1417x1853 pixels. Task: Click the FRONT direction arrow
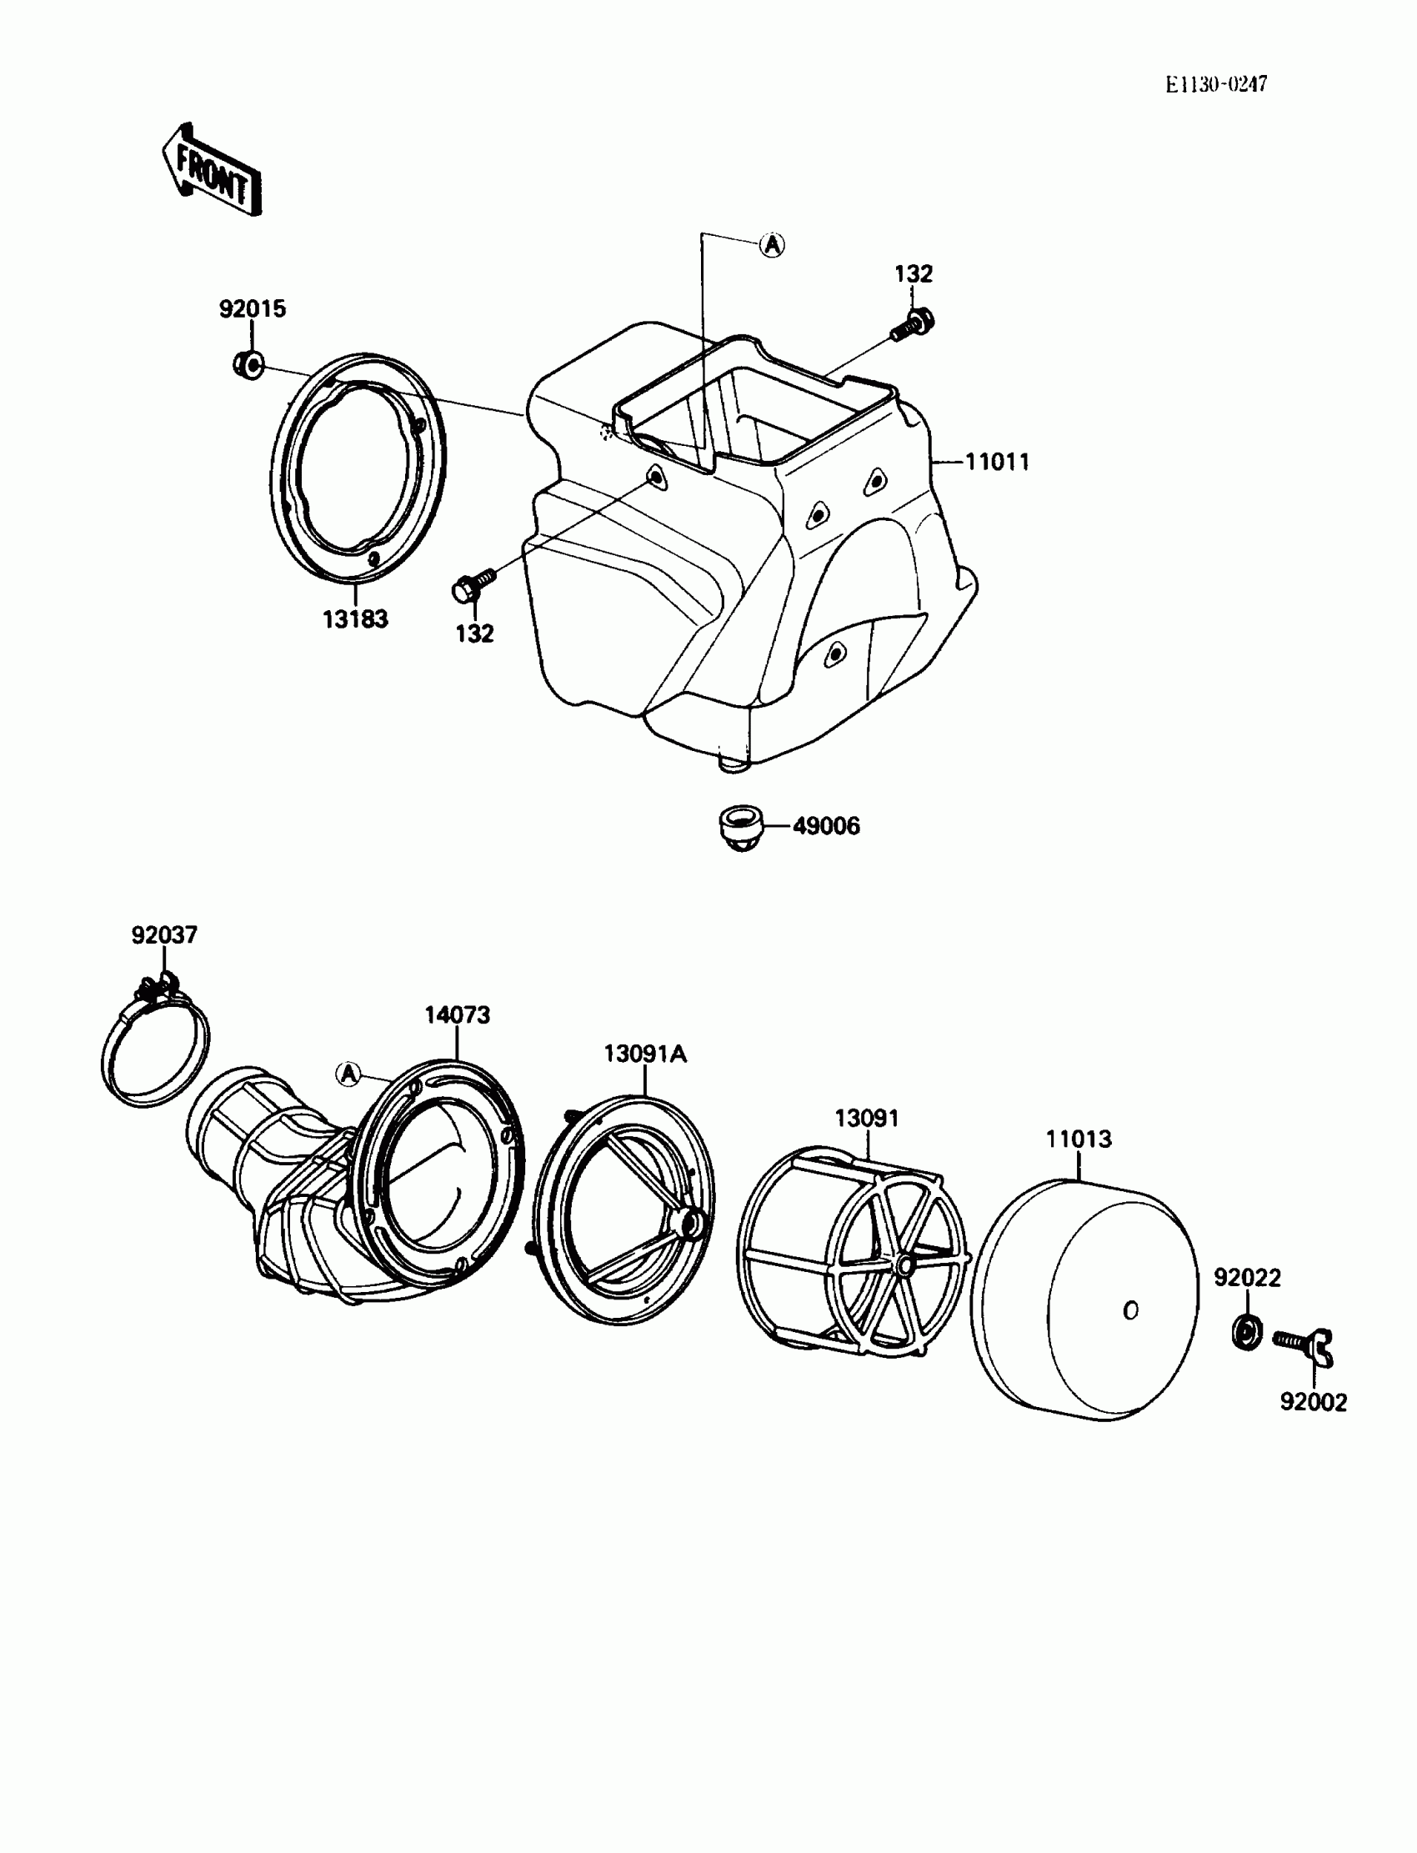click(211, 171)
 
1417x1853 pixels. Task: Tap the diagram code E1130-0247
click(1216, 84)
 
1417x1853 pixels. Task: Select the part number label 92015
click(253, 308)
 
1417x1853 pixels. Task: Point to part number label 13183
click(355, 619)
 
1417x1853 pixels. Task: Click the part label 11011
click(997, 462)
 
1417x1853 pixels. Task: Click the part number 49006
click(827, 826)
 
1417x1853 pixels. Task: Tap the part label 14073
click(457, 1014)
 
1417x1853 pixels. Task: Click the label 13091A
click(645, 1054)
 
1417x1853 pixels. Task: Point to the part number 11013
click(1079, 1139)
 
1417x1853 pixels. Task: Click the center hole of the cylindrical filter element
click(1131, 1310)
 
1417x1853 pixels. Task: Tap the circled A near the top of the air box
click(771, 244)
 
